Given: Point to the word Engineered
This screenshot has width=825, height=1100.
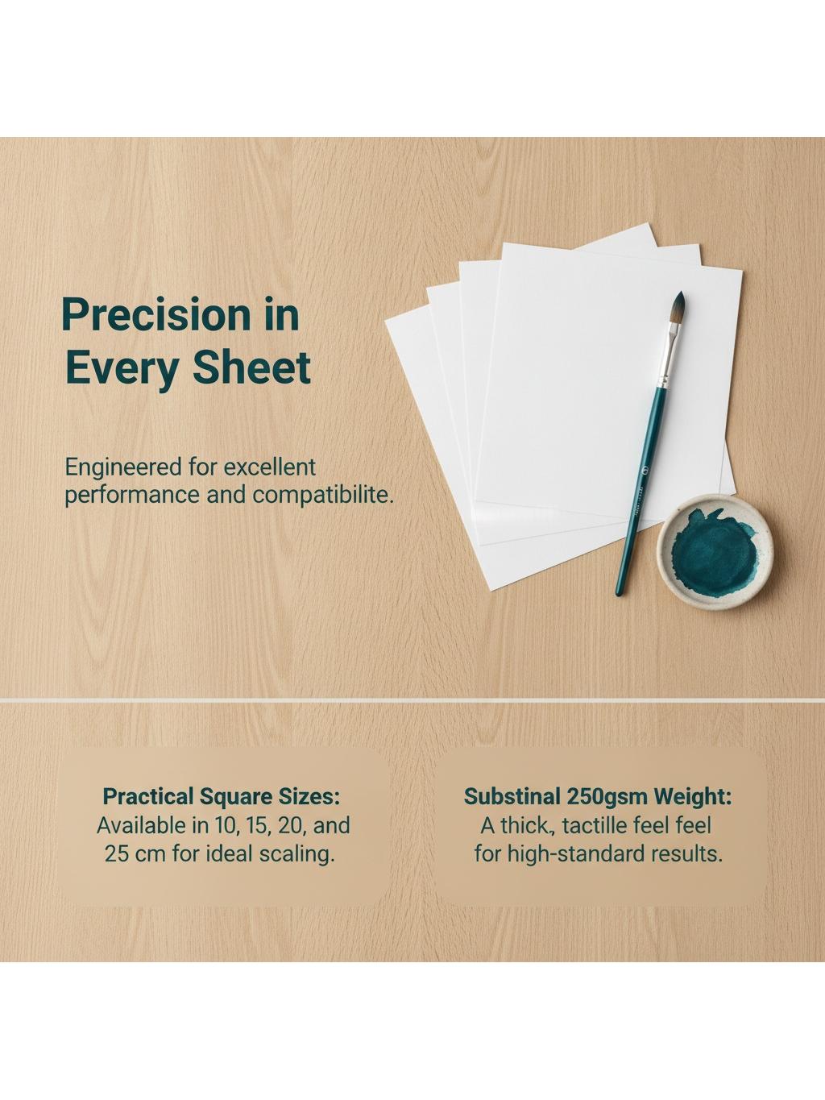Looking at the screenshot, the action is click(x=123, y=468).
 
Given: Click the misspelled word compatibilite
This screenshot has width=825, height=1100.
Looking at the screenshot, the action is click(x=321, y=496).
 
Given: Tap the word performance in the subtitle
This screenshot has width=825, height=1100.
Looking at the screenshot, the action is click(x=132, y=496).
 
